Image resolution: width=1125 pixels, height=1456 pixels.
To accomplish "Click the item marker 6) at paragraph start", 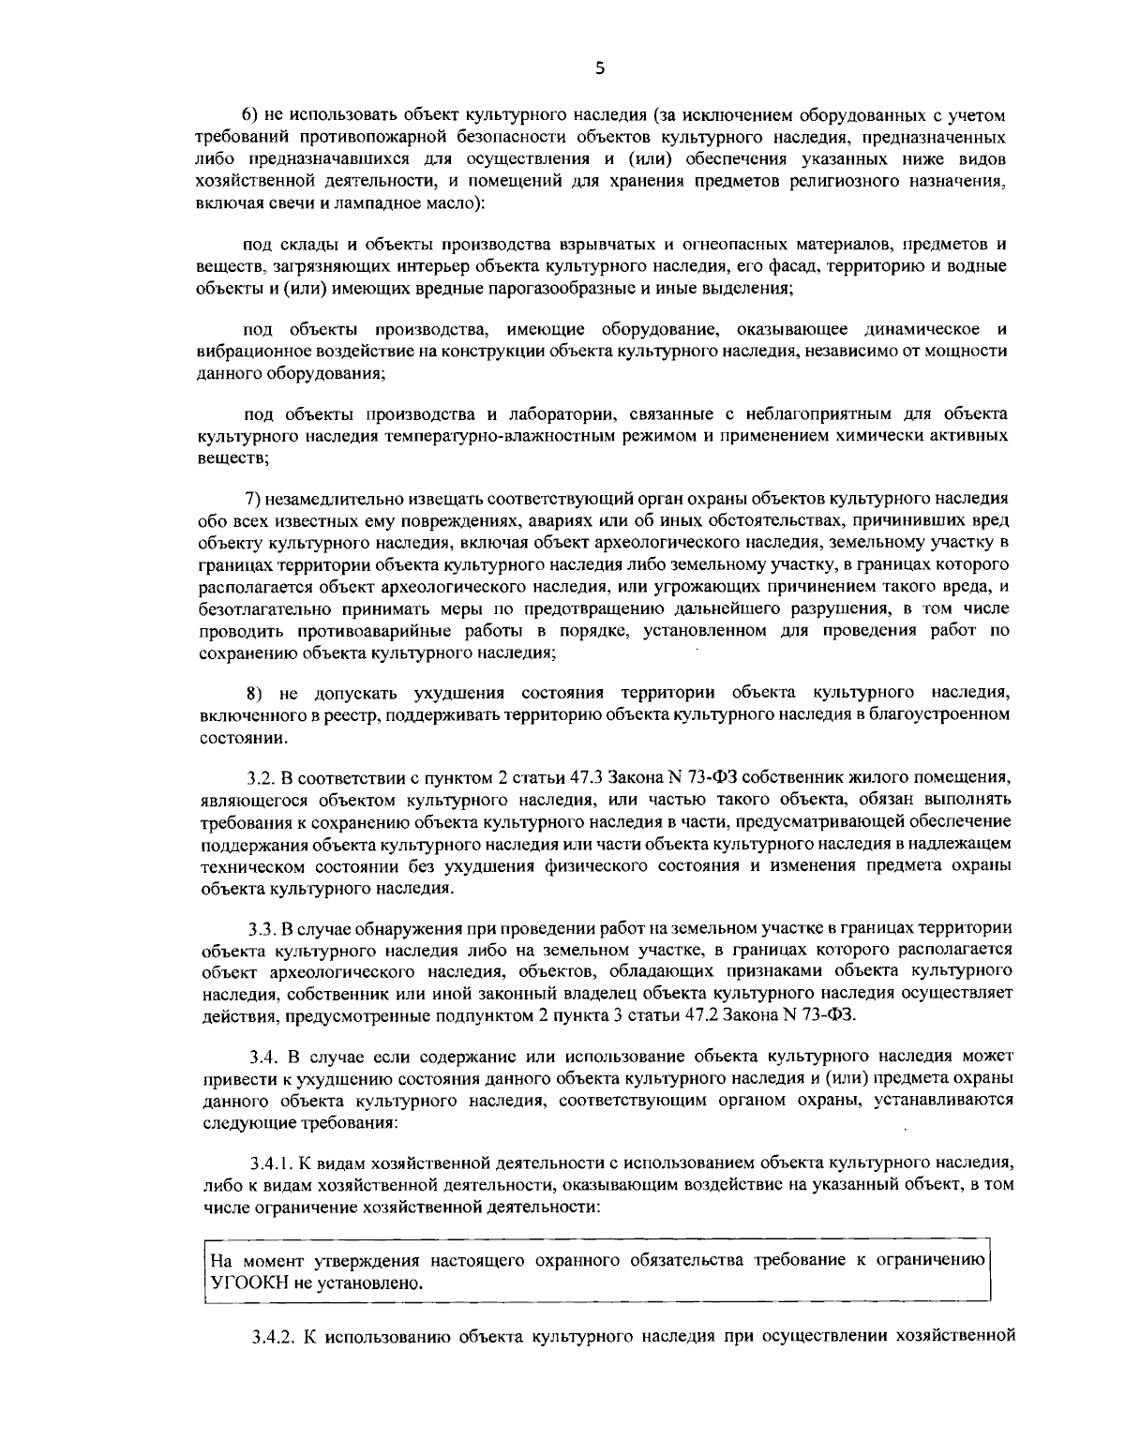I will point(250,115).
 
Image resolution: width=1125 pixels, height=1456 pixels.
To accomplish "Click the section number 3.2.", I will point(260,777).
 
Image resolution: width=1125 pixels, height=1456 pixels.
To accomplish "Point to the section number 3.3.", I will point(261,928).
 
